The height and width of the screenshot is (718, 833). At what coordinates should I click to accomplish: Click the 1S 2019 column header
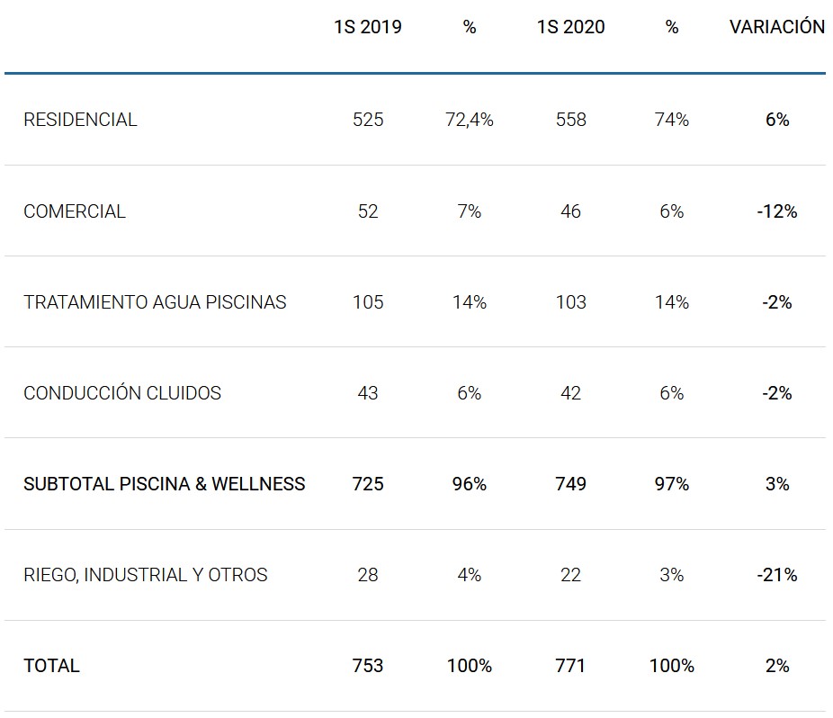click(x=367, y=27)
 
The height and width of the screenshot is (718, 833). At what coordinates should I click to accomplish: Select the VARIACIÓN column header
click(x=776, y=27)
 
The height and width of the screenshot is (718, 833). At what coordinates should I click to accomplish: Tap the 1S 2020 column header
click(x=570, y=27)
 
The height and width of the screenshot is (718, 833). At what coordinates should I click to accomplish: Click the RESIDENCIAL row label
click(x=80, y=120)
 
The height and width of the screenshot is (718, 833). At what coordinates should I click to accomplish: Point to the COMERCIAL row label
click(x=75, y=211)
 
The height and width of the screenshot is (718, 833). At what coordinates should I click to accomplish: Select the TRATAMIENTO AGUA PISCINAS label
click(x=155, y=302)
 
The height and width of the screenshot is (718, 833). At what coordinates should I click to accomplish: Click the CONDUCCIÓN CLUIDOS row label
click(x=122, y=393)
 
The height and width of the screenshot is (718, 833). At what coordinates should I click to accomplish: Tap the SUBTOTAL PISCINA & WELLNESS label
click(x=165, y=484)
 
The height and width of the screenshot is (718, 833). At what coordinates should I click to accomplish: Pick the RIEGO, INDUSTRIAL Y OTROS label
click(x=146, y=575)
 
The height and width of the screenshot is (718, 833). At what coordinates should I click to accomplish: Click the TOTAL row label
click(x=51, y=666)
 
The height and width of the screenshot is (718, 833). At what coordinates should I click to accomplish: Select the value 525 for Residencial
click(x=368, y=120)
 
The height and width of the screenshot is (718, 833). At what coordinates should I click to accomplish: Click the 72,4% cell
click(x=470, y=120)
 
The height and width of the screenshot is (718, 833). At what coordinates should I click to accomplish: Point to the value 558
click(x=570, y=120)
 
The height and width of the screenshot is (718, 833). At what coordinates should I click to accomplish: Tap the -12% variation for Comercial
click(x=776, y=211)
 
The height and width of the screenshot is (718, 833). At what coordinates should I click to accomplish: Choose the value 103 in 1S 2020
click(x=570, y=302)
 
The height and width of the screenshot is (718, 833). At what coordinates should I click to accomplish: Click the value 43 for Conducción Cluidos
click(x=368, y=393)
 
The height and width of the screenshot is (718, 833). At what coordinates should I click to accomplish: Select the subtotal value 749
click(x=570, y=484)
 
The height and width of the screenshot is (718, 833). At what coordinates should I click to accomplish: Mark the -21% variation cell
click(x=776, y=575)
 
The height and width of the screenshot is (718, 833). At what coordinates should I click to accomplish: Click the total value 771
click(x=570, y=666)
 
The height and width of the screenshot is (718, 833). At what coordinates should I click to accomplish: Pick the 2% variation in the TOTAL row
click(x=776, y=666)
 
